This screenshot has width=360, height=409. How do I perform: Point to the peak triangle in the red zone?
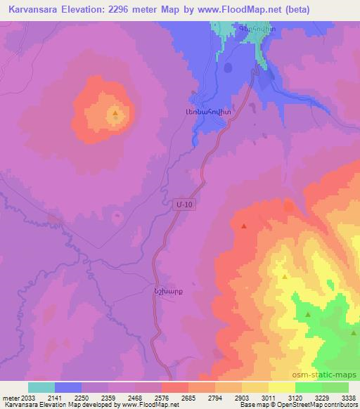pyautogui.click(x=243, y=226)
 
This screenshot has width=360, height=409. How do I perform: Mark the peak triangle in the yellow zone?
pyautogui.click(x=284, y=277)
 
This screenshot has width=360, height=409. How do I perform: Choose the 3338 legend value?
pyautogui.click(x=348, y=397)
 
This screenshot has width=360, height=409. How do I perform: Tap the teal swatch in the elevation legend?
pyautogui.click(x=41, y=387)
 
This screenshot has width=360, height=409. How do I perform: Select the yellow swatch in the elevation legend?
pyautogui.click(x=282, y=387)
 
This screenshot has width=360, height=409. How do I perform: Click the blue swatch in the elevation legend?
pyautogui.click(x=68, y=387)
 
